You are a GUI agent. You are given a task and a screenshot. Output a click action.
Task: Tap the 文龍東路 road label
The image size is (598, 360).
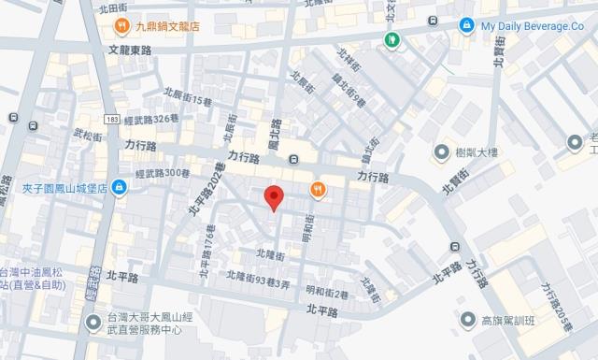pyautogui.click(x=130, y=50)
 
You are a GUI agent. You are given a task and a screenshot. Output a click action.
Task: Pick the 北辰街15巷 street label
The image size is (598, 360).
pyautogui.click(x=194, y=95)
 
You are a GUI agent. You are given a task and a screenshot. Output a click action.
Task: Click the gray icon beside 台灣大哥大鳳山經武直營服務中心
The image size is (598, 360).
pyautogui.click(x=93, y=323)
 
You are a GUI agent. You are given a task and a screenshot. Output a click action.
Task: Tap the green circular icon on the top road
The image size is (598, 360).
pyautogui.click(x=392, y=37)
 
